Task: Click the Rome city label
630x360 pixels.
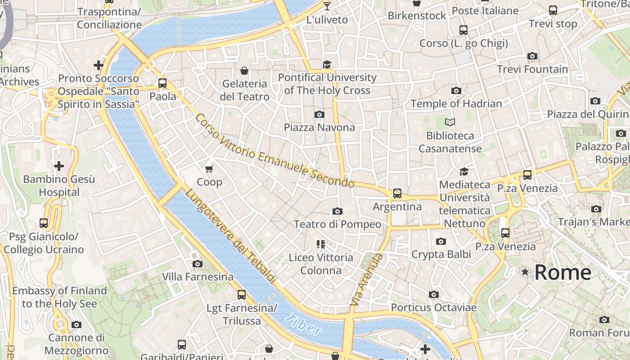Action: point(562,273)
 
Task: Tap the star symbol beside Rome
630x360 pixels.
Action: point(525,272)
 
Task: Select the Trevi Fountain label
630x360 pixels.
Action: point(532,69)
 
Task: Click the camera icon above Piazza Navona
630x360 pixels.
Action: point(319,114)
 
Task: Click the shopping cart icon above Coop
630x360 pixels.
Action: point(209,169)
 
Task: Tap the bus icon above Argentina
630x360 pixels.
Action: point(397,193)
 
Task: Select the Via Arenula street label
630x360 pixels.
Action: point(367,280)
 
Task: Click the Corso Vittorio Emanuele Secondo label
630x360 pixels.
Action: point(275,151)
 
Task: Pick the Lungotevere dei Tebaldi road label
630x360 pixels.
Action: point(230,236)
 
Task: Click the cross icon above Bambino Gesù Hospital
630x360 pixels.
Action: point(59,166)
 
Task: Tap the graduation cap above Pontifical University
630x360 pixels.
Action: point(327,65)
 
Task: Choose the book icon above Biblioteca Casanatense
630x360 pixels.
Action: point(450,122)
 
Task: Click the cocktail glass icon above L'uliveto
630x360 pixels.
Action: point(327,6)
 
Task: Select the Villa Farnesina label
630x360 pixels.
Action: point(198,276)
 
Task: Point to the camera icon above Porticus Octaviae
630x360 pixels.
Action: point(434,294)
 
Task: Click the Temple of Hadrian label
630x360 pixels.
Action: point(456,103)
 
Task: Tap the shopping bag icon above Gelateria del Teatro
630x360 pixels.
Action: point(244,71)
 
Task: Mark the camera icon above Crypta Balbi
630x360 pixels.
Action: point(441,241)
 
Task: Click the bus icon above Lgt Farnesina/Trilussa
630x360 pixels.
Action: point(242,295)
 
